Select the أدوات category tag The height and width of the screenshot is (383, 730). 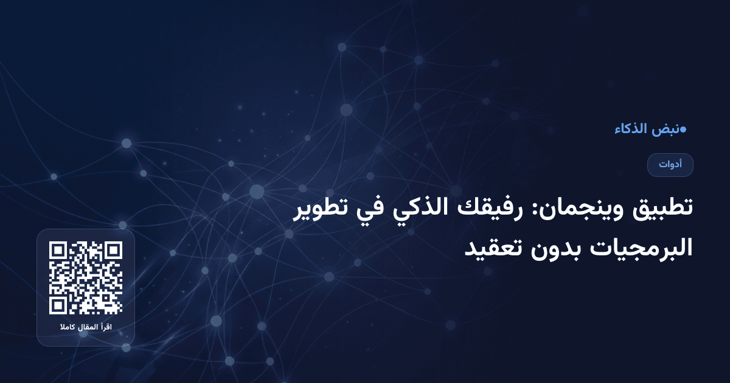coord(670,165)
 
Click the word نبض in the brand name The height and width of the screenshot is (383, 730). coord(664,129)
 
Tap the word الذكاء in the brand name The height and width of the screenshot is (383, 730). coord(630,129)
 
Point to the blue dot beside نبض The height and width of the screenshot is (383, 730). coord(683,129)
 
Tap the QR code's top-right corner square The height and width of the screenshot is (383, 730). coord(113,251)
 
